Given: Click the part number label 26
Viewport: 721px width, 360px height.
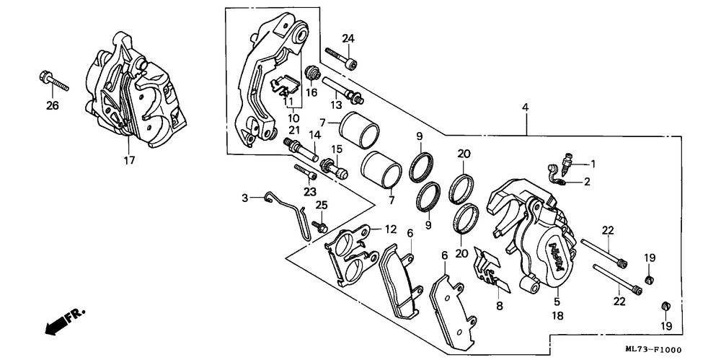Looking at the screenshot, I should pyautogui.click(x=52, y=106).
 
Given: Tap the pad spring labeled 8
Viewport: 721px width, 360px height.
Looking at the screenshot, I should pyautogui.click(x=492, y=278).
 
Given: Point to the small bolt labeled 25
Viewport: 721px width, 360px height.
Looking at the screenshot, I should pyautogui.click(x=322, y=227).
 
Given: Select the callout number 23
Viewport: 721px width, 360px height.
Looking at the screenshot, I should pyautogui.click(x=310, y=191).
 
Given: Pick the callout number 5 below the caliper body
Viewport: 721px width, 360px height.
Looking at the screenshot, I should pyautogui.click(x=557, y=303).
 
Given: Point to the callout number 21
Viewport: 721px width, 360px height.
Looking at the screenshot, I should pyautogui.click(x=294, y=129).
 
